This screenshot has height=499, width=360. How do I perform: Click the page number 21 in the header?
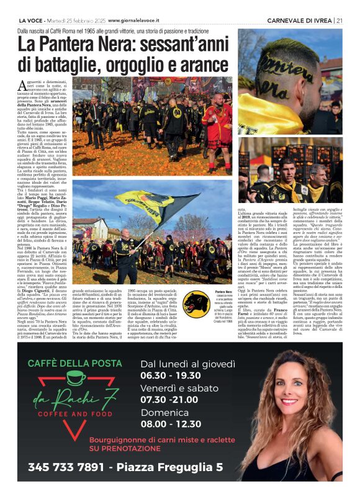(x=339, y=20)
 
